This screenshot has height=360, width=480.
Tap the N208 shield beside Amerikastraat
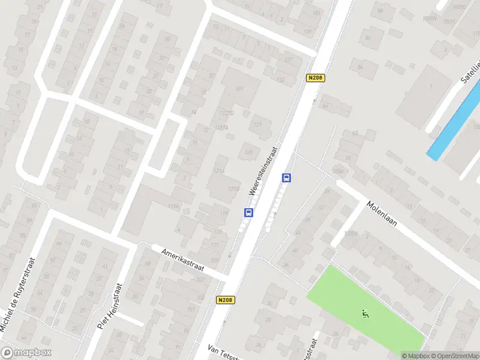[x=225, y=300]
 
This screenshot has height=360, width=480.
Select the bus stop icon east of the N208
[x=287, y=178]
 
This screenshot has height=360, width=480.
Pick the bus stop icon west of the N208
[x=248, y=212]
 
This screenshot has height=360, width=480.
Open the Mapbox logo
[x=25, y=353]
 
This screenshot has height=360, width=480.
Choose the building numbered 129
[x=259, y=124]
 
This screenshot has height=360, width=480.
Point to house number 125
[x=248, y=152]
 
